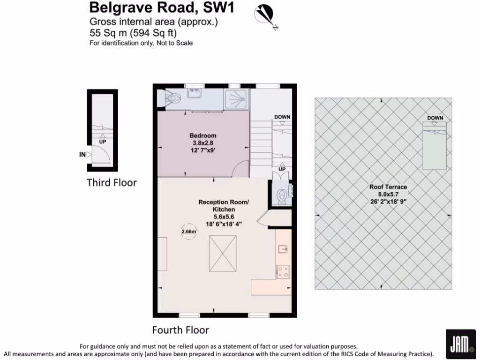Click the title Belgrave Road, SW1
(x=162, y=8)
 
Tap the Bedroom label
(x=202, y=136)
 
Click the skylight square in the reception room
(x=223, y=253)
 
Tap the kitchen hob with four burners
(x=283, y=271)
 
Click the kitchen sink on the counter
(x=283, y=249)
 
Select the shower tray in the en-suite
(x=237, y=99)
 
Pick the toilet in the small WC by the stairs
(x=281, y=194)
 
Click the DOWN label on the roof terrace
(x=435, y=118)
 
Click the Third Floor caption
(x=112, y=182)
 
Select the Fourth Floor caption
(x=180, y=330)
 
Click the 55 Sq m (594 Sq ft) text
(x=134, y=33)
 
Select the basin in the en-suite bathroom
(x=194, y=94)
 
